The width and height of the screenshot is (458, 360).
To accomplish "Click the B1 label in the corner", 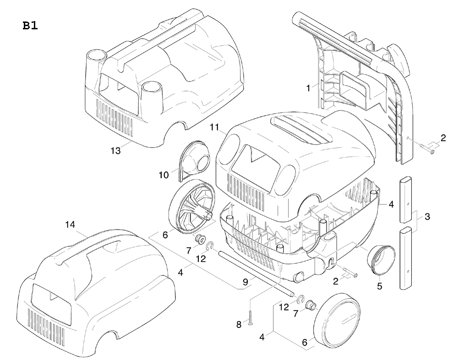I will coord(30,26).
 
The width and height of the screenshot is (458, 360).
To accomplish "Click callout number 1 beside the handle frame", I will coord(308,86).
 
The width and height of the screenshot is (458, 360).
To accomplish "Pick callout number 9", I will coord(245,283).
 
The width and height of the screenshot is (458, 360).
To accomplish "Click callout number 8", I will coord(239,325).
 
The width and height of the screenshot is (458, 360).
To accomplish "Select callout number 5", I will coord(379,286).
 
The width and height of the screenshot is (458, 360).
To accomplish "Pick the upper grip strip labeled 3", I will coord(408,198).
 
